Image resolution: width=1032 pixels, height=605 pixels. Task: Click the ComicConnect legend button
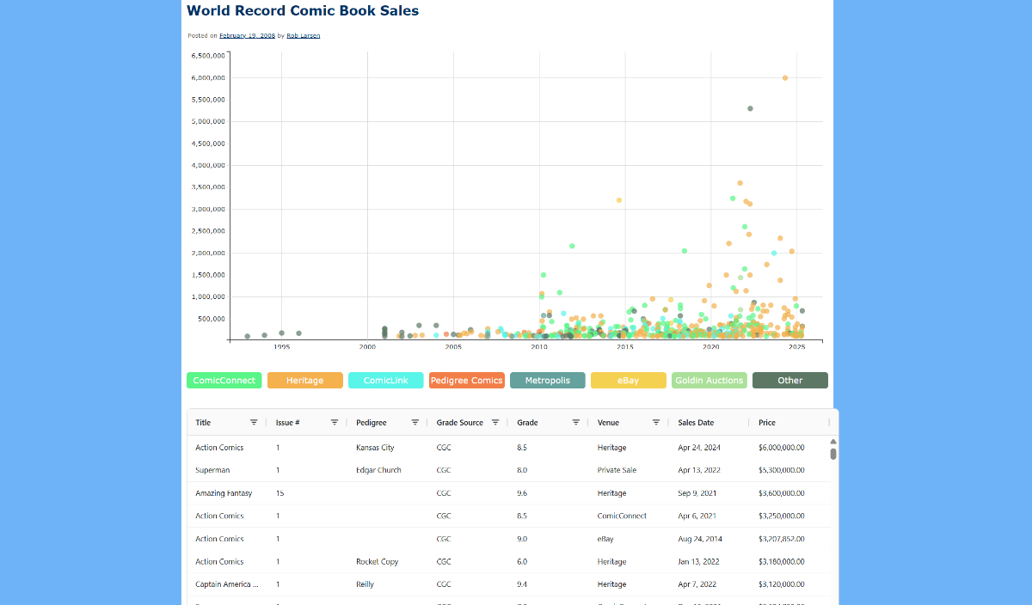224,380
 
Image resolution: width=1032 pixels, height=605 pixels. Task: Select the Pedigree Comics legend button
466,380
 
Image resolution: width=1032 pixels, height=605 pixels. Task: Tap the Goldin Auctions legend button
709,380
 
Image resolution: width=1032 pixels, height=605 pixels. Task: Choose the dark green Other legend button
789,380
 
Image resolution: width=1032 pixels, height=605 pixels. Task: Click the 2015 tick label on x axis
625,347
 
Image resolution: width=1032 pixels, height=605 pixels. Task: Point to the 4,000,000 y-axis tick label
208,165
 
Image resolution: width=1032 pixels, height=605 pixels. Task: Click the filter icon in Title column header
254,422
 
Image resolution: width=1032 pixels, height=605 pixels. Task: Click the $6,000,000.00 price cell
781,448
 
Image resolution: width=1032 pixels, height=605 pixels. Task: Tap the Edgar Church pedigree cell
378,470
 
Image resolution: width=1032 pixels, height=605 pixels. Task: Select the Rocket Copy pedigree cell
377,561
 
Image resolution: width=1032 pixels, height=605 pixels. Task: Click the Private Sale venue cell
617,470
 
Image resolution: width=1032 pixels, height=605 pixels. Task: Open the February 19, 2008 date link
247,35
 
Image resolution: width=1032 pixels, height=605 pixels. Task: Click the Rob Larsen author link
303,35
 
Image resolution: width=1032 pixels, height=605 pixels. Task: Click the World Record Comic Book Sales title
303,11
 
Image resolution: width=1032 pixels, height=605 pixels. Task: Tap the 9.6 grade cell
522,493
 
